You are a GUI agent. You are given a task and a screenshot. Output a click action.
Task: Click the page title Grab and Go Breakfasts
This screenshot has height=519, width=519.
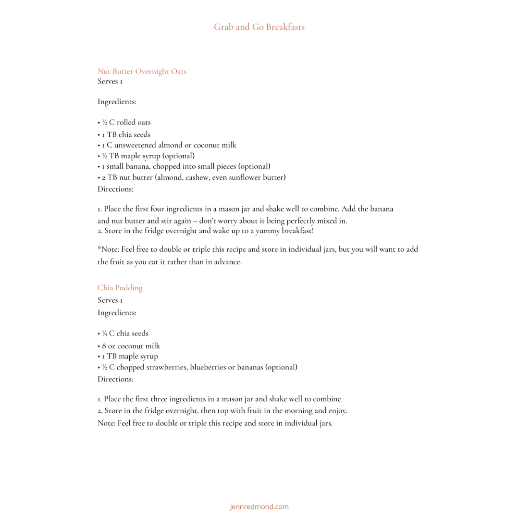259,27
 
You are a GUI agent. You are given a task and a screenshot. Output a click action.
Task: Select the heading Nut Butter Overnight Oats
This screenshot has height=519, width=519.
142,72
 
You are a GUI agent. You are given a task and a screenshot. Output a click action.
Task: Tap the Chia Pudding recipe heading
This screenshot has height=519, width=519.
120,288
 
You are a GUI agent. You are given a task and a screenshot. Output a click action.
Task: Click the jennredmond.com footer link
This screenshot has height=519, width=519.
259,507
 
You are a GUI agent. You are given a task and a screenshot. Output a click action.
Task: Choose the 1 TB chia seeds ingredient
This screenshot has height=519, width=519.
125,135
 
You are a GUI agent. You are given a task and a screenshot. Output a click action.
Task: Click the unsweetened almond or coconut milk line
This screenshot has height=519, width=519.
168,145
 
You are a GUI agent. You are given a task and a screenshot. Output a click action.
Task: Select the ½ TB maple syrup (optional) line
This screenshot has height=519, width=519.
147,156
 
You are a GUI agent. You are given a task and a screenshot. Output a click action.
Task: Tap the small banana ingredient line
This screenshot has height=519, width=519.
185,166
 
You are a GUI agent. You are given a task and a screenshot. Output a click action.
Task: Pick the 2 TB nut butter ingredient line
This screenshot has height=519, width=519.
192,177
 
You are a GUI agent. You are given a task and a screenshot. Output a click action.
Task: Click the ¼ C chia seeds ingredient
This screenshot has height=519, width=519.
124,334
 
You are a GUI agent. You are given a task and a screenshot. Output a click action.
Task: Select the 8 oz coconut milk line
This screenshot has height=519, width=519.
130,346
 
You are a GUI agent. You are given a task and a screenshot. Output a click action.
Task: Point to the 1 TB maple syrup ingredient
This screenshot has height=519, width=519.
129,357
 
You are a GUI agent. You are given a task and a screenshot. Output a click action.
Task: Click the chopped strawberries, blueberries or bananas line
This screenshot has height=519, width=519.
198,367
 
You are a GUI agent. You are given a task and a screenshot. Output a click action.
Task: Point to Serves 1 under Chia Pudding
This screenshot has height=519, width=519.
110,300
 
